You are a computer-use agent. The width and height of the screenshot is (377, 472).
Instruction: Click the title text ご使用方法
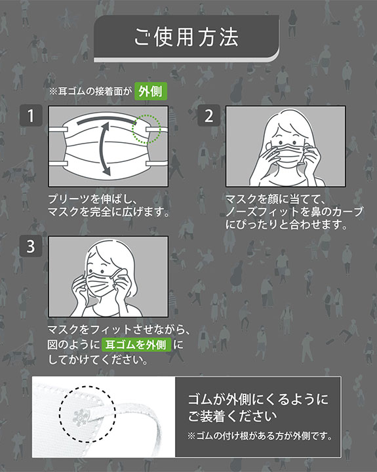click(x=186, y=37)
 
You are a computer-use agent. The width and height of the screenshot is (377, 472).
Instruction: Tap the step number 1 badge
click(x=31, y=115)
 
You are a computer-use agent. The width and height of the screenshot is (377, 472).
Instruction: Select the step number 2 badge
click(x=208, y=115)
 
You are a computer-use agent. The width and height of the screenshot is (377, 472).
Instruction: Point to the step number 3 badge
click(x=31, y=246)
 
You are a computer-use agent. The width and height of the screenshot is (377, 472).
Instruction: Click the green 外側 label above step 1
click(x=151, y=91)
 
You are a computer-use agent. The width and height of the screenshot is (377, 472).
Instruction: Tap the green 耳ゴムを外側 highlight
click(x=136, y=345)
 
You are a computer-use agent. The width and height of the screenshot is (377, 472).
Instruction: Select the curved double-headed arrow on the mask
click(x=103, y=148)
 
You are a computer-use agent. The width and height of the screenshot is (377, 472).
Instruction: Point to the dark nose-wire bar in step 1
click(x=106, y=119)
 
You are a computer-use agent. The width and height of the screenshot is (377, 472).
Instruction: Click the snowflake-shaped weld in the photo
click(x=81, y=418)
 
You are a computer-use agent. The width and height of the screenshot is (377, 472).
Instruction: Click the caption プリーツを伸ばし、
click(x=93, y=199)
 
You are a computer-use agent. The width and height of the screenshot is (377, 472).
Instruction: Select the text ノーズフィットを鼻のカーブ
click(x=294, y=212)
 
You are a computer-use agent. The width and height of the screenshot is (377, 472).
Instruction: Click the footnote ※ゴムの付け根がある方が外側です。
click(x=260, y=435)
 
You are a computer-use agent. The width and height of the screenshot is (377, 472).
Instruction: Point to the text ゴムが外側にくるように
click(x=258, y=399)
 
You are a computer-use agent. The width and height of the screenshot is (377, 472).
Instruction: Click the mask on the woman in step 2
click(x=288, y=155)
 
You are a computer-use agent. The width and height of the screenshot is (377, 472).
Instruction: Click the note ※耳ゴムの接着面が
click(x=90, y=91)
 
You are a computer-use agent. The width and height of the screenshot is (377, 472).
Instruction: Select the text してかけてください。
click(x=98, y=360)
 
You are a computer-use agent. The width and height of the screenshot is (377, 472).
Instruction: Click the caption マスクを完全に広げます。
click(x=109, y=212)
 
